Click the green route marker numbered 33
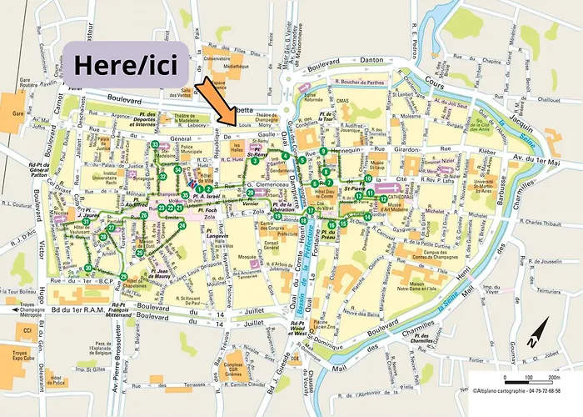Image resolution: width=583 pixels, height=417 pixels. [x=155, y=144]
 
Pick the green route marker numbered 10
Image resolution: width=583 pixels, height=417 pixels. [x=367, y=179]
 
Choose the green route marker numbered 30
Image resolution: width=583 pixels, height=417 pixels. [x=88, y=268]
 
